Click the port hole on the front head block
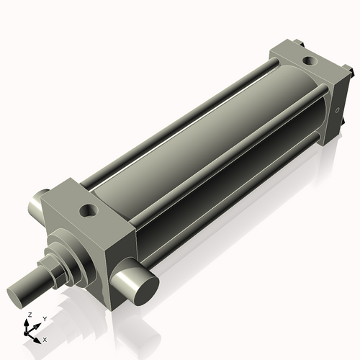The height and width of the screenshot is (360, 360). pos(88,211)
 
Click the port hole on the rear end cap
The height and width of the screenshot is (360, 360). pos(310,61)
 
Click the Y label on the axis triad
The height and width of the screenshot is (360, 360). pos(44,318)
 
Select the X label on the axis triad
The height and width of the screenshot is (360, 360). pos(45,338)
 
